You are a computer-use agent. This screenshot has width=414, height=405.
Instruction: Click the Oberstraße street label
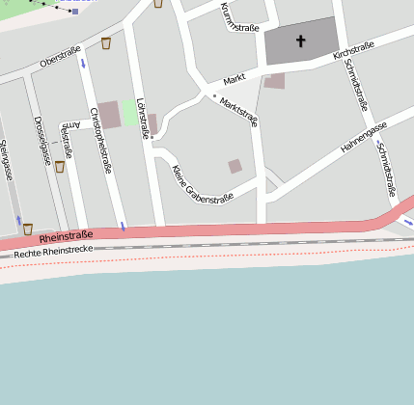[x=59, y=59]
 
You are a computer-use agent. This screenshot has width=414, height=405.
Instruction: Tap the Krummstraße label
[x=239, y=17]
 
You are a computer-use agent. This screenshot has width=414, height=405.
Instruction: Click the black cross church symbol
[x=300, y=41]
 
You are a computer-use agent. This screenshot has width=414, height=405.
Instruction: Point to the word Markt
[x=235, y=80]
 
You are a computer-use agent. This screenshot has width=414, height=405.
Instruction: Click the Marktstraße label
[x=238, y=111]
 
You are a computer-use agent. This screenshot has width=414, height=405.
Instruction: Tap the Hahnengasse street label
[x=364, y=139]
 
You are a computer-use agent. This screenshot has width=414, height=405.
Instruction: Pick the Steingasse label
[x=7, y=160]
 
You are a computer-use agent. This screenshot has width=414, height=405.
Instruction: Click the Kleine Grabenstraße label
[x=202, y=185]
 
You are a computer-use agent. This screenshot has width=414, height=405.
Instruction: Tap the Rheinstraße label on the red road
[x=67, y=234]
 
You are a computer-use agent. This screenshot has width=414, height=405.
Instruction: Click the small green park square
[x=129, y=112]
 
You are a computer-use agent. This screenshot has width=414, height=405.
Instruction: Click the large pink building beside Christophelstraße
[x=109, y=114]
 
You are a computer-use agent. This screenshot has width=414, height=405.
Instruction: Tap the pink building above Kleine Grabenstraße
[x=235, y=166]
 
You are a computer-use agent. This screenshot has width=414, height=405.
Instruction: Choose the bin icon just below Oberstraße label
[x=106, y=43]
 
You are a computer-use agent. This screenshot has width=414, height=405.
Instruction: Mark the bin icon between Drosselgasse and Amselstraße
[x=60, y=167]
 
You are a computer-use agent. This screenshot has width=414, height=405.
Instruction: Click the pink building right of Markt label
[x=275, y=81]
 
